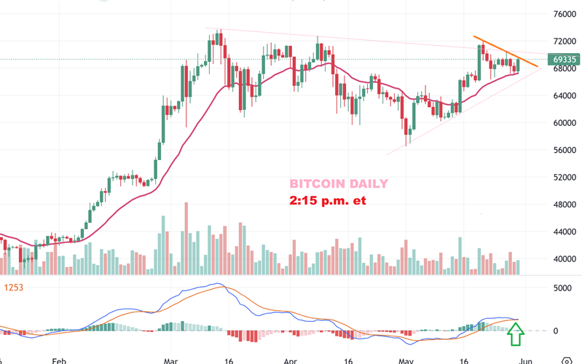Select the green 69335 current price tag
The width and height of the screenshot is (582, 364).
[x=565, y=60]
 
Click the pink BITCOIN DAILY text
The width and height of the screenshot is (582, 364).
[x=339, y=184]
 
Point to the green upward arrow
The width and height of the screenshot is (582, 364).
[x=515, y=334]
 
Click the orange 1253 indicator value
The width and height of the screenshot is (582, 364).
[x=14, y=288]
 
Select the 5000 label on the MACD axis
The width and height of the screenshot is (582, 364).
[x=562, y=288]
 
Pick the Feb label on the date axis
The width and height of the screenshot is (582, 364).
[x=60, y=360]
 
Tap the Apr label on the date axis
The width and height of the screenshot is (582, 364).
[x=290, y=360]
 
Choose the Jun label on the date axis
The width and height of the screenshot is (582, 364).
[x=526, y=360]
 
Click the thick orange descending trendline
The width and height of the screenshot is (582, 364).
[x=506, y=52]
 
